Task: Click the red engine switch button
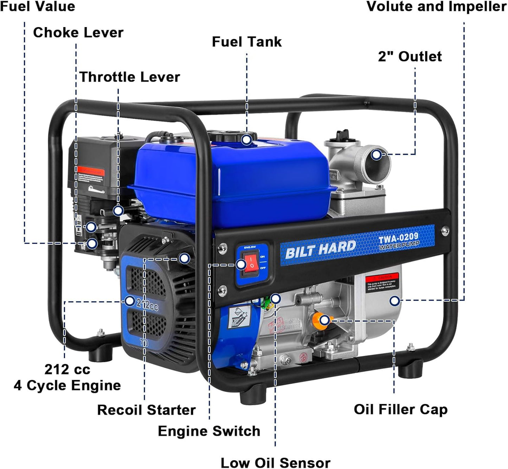tap(252, 264)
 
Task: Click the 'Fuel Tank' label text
tap(246, 42)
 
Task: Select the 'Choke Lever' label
tap(78, 33)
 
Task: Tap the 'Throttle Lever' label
tap(130, 77)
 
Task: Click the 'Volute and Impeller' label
tap(436, 7)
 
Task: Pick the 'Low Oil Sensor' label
tap(275, 463)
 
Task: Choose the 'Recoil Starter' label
tap(146, 410)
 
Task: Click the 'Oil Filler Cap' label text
tap(400, 410)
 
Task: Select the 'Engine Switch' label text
tap(209, 431)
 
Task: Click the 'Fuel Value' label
tap(38, 7)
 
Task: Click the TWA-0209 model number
tap(398, 238)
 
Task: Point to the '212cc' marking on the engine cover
tap(147, 305)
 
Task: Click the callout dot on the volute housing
tap(395, 301)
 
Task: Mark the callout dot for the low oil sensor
tap(276, 299)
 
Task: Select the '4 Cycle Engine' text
tap(67, 386)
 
